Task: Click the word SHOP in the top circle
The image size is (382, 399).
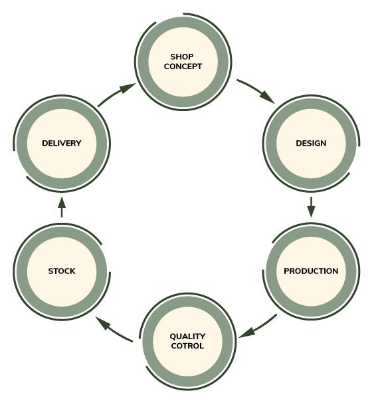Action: (x=182, y=57)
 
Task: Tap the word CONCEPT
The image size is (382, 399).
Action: (x=183, y=66)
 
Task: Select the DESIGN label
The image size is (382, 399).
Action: (x=311, y=143)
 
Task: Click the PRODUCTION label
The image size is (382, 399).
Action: (x=311, y=271)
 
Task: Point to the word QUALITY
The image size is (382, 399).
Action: (x=187, y=336)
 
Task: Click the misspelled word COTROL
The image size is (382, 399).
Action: (x=187, y=346)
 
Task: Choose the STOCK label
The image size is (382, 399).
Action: (x=62, y=271)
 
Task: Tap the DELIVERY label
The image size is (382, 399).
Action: (x=62, y=143)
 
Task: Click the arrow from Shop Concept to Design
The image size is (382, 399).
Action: (x=256, y=90)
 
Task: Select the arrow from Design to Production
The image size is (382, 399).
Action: (x=311, y=207)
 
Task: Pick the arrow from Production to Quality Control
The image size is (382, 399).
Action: (x=259, y=328)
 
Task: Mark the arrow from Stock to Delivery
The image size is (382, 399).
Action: (x=62, y=207)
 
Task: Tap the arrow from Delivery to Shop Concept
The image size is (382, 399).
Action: (x=118, y=94)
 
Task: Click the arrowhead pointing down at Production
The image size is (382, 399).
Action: (x=311, y=212)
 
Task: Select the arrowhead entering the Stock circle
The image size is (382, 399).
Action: (x=103, y=323)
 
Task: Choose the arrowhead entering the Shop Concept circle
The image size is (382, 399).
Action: (x=128, y=88)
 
